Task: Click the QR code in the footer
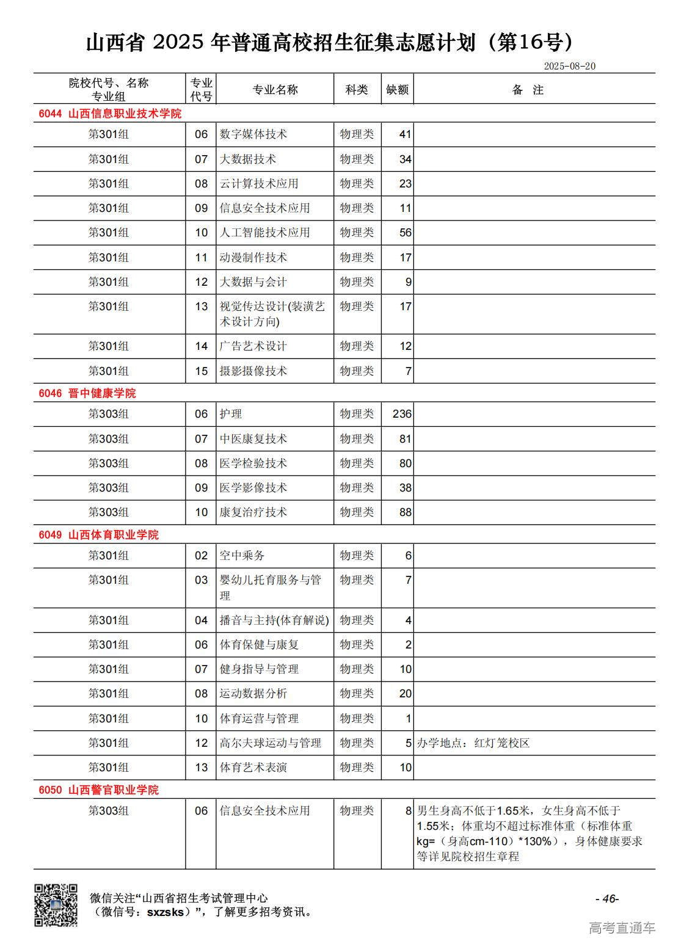[x=56, y=905]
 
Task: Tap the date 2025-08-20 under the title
[x=569, y=66]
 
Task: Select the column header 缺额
[x=397, y=90]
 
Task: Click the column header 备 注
[x=528, y=90]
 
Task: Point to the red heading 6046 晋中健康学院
[x=87, y=393]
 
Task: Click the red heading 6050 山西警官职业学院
[x=98, y=790]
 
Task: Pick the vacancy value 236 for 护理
[x=402, y=414]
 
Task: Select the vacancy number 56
[x=405, y=233]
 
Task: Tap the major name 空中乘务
[x=242, y=556]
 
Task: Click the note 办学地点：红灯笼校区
[x=473, y=743]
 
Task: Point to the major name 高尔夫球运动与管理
[x=270, y=743]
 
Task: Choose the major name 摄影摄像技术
[x=253, y=371]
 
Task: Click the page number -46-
[x=607, y=898]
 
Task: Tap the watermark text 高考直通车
[x=622, y=928]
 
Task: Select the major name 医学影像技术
[x=253, y=488]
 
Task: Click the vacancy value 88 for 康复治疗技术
[x=405, y=512]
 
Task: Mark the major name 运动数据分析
[x=253, y=694]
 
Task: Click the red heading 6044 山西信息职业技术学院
[x=110, y=114]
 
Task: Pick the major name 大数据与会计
[x=253, y=282]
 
